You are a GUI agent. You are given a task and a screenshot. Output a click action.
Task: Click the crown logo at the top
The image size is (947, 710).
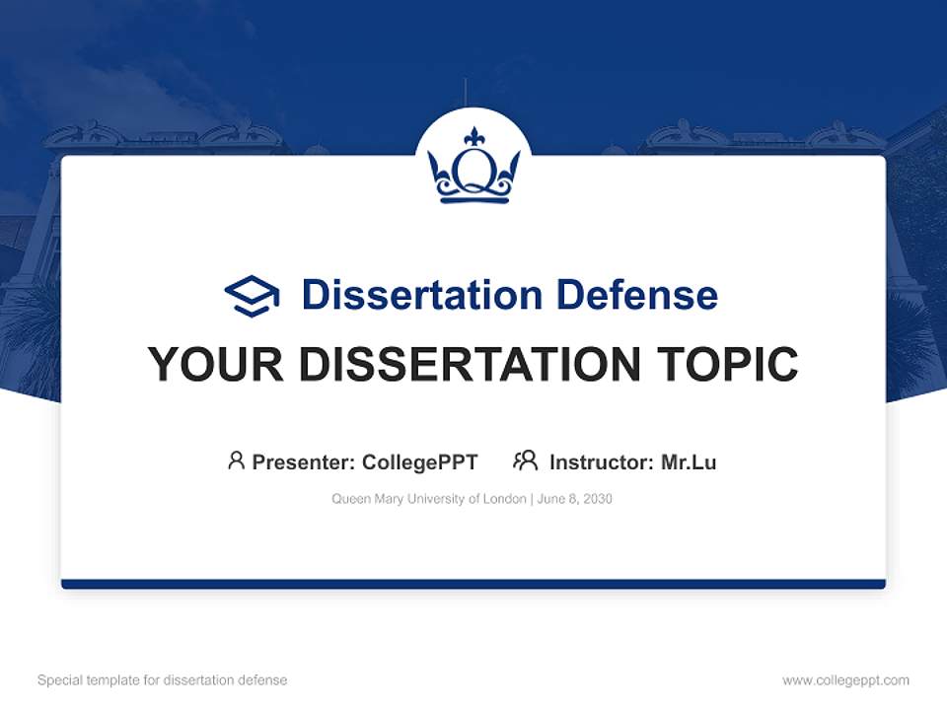(x=473, y=166)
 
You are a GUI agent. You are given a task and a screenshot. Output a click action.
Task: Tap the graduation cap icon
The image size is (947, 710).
(x=252, y=296)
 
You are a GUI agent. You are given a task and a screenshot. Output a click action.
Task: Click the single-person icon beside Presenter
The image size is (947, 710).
(x=236, y=461)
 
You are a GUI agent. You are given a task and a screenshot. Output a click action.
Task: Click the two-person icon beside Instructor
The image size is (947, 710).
(x=525, y=461)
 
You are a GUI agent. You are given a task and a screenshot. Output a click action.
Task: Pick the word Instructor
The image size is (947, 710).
(x=600, y=461)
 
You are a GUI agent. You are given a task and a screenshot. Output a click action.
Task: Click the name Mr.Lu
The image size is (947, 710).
(x=689, y=461)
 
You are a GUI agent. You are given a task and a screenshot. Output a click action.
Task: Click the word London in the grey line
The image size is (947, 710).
(x=504, y=499)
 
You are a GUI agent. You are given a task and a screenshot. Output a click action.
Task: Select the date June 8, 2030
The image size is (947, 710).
(x=575, y=499)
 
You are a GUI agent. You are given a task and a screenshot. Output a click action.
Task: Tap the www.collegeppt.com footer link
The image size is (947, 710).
(x=845, y=680)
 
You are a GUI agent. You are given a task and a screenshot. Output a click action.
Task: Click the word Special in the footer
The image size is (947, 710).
(x=59, y=680)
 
